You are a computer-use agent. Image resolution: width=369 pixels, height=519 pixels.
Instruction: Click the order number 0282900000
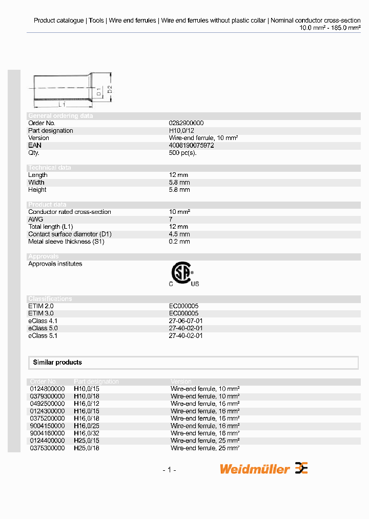coord(186,123)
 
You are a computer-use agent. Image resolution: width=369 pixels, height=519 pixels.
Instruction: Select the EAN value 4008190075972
coord(191,146)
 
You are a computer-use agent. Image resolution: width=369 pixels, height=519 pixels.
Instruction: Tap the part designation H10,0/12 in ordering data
coord(182,131)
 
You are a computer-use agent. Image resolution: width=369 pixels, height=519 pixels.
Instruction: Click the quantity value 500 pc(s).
coord(182,153)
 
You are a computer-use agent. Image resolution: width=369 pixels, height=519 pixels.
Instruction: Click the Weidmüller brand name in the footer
coord(255,469)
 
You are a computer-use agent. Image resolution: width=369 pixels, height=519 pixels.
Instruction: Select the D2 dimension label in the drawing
coord(109,90)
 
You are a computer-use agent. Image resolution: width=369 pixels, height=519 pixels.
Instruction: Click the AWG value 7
coord(171,219)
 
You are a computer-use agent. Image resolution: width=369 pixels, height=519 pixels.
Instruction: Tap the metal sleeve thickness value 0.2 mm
coord(179,242)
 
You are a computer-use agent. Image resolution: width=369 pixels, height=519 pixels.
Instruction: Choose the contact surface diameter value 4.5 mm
coord(179,234)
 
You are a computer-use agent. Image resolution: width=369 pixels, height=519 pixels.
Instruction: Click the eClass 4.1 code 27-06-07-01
coord(186,321)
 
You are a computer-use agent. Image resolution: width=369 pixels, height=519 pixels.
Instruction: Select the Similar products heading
coord(57,363)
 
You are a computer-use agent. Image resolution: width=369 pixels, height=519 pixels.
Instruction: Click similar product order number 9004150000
coord(47,426)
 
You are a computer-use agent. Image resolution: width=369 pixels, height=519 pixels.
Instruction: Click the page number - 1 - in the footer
coord(169,470)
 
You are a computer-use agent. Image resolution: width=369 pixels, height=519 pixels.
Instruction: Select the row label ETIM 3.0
coord(41,313)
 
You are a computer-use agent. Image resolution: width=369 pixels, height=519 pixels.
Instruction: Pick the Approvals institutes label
coord(55,264)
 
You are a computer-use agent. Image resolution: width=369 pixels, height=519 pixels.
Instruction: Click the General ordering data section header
coord(60,116)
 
